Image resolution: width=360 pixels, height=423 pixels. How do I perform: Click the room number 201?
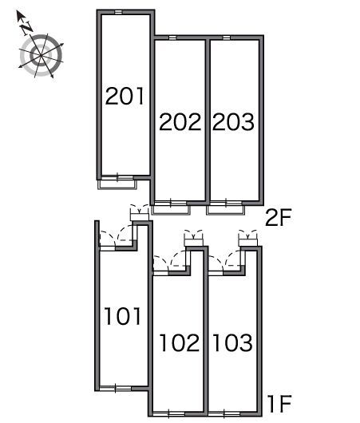125,96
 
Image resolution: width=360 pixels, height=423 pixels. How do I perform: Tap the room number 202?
180,122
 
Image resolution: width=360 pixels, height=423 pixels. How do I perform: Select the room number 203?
233,122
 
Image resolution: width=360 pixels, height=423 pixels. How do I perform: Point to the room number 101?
123,316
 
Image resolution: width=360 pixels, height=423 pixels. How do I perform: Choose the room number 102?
180,342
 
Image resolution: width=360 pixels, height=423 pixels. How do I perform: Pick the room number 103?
233,342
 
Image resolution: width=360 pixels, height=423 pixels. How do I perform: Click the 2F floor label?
279,218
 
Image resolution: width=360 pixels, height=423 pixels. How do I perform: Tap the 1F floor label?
279,404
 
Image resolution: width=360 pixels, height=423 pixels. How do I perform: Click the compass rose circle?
41,56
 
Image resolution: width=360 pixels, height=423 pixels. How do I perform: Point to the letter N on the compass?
27,28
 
